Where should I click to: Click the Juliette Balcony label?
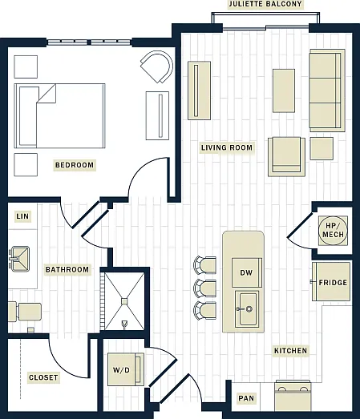click(x=265, y=4)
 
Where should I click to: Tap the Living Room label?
click(x=227, y=147)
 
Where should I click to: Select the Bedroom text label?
click(x=75, y=165)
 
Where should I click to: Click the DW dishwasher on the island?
click(x=247, y=272)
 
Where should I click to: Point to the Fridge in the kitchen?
click(x=331, y=282)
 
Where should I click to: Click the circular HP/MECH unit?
click(x=333, y=231)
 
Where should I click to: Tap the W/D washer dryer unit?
click(x=125, y=369)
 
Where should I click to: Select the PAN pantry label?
click(x=246, y=398)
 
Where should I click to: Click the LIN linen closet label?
click(x=22, y=216)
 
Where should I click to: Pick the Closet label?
click(x=43, y=377)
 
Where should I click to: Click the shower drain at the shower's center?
click(x=124, y=301)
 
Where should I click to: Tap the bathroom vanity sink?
click(x=19, y=259)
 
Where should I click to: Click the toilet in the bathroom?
click(x=25, y=312)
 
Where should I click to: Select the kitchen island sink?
click(x=247, y=309)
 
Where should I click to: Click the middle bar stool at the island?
click(x=205, y=288)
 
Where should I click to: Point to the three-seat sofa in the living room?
click(x=327, y=91)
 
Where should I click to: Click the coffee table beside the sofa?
click(x=284, y=91)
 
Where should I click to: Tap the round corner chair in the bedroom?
click(x=157, y=66)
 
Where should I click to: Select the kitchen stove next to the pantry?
click(x=293, y=396)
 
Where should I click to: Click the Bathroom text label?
click(x=67, y=269)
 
